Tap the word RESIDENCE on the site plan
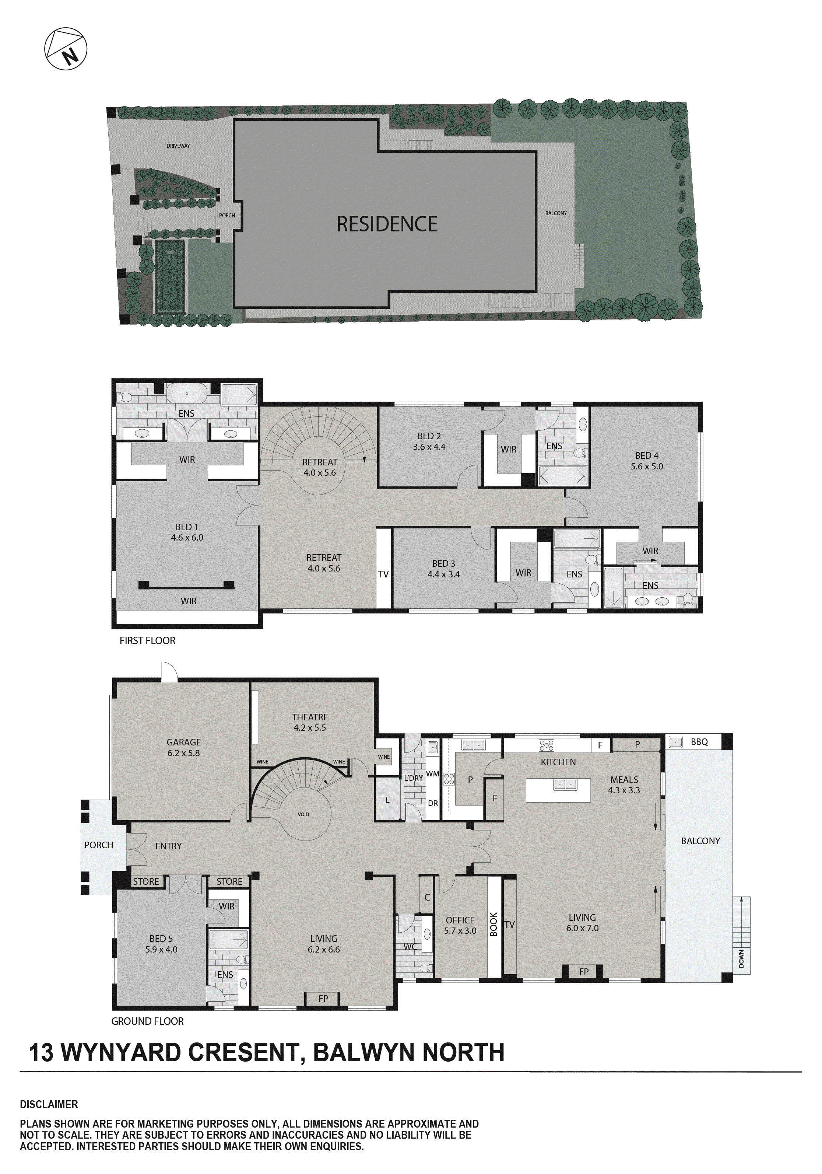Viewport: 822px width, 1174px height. tap(387, 224)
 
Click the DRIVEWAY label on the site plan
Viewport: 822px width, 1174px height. tap(178, 146)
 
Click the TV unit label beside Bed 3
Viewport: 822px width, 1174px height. tap(383, 574)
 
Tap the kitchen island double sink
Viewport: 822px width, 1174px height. tap(565, 784)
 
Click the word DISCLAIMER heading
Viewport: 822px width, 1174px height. tap(49, 1104)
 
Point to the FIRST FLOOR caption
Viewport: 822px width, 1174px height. tap(147, 641)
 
